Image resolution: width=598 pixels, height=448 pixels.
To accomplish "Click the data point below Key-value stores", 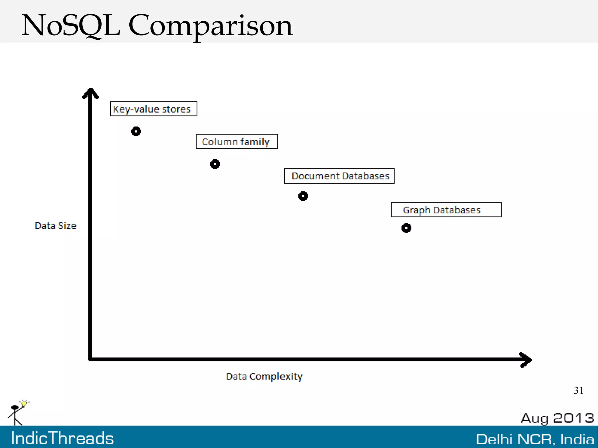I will [136, 131].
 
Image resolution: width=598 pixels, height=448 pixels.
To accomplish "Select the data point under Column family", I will [215, 164].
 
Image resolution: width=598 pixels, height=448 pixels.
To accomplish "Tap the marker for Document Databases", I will [303, 196].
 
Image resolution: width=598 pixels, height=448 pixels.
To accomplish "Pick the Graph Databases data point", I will [406, 228].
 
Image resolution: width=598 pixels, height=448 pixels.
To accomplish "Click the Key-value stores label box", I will [154, 109].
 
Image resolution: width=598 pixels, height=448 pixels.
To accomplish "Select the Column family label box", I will [237, 142].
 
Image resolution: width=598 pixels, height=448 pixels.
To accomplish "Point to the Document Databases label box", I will [339, 176].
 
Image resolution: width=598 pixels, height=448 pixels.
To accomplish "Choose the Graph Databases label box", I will [446, 210].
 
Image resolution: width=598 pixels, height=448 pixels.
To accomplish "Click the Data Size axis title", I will [55, 226].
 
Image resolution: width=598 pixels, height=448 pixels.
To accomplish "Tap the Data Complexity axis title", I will [264, 376].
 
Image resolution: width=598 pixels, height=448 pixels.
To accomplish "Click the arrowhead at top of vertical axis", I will [91, 93].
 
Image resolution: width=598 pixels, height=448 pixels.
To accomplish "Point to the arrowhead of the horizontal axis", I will [526, 360].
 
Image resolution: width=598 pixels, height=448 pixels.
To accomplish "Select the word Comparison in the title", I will [210, 26].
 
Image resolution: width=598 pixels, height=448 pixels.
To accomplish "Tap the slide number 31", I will [578, 391].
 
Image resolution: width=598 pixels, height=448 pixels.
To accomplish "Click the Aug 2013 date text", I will [557, 418].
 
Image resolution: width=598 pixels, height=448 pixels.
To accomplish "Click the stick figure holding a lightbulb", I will [18, 413].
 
